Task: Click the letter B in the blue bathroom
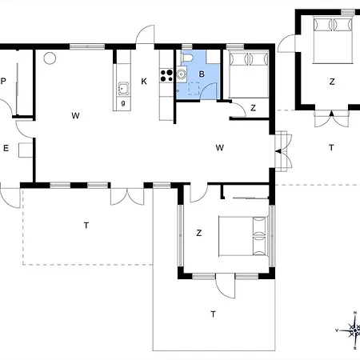(x=202, y=74)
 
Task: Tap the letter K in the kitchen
(x=144, y=81)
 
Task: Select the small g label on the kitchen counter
(x=122, y=102)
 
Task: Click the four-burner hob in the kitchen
(x=168, y=76)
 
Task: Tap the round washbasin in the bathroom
(x=182, y=76)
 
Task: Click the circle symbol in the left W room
(x=50, y=58)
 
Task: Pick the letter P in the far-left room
(x=4, y=82)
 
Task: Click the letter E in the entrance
(x=6, y=148)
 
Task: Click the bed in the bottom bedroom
(x=243, y=236)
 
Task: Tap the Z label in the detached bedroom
(x=330, y=82)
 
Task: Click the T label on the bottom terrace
(x=213, y=313)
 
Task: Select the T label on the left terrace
(x=86, y=226)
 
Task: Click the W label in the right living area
(x=218, y=147)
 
